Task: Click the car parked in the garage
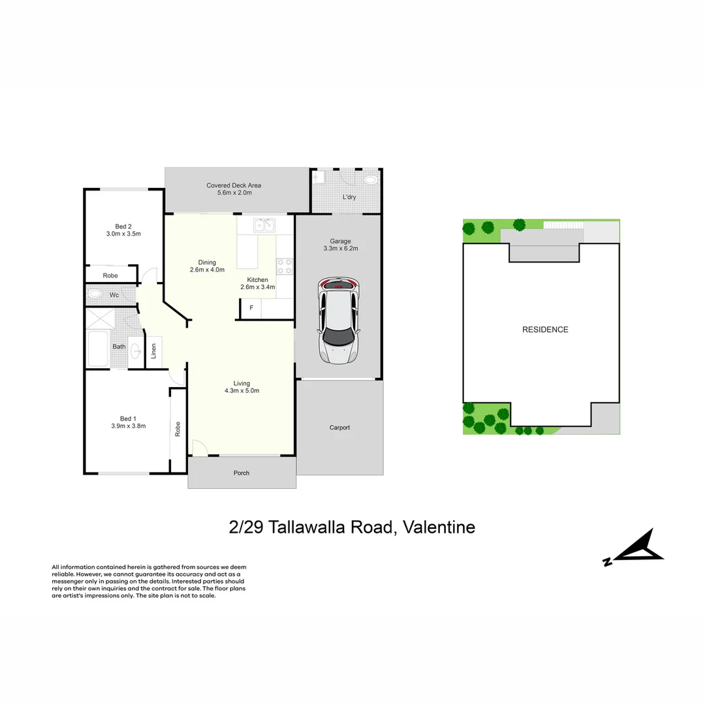coord(337,321)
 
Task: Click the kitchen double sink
coord(264,225)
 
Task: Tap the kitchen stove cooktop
coord(285,266)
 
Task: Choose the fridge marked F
coord(251,308)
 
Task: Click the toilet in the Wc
coord(95,294)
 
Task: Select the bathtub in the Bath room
coord(98,349)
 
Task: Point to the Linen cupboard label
coord(154,351)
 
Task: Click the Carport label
coord(339,428)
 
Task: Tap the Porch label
coord(242,473)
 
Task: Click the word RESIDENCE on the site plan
coord(545,330)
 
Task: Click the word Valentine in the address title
coord(439,527)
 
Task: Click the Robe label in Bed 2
coord(110,275)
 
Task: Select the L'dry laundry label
coord(349,197)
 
